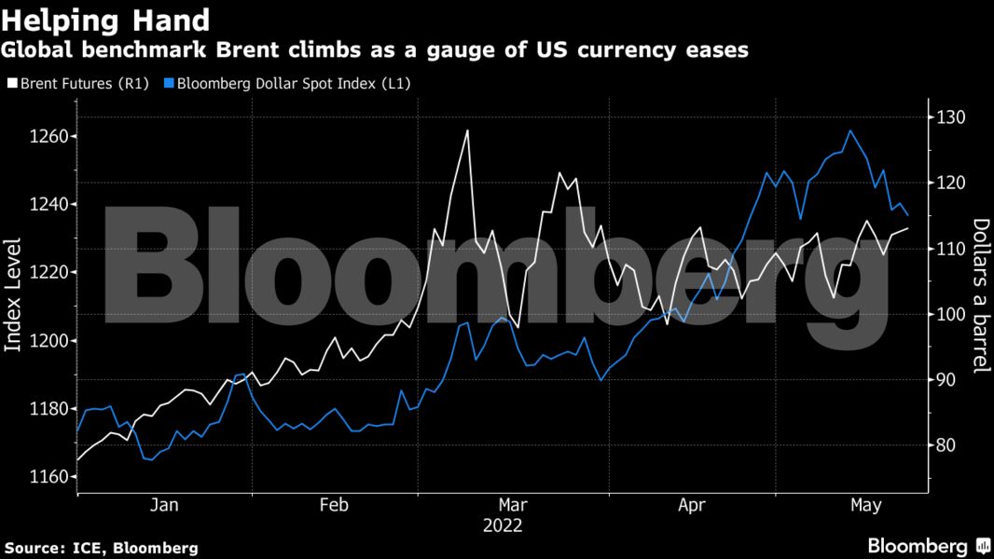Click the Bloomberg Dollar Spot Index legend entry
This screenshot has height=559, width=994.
click(x=287, y=83)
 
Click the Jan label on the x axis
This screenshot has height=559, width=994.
click(x=164, y=505)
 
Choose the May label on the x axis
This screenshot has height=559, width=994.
click(x=866, y=505)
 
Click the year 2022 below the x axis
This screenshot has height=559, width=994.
click(x=503, y=525)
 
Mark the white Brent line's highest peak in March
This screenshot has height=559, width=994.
click(x=467, y=130)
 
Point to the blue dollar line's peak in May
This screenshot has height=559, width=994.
click(x=849, y=130)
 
